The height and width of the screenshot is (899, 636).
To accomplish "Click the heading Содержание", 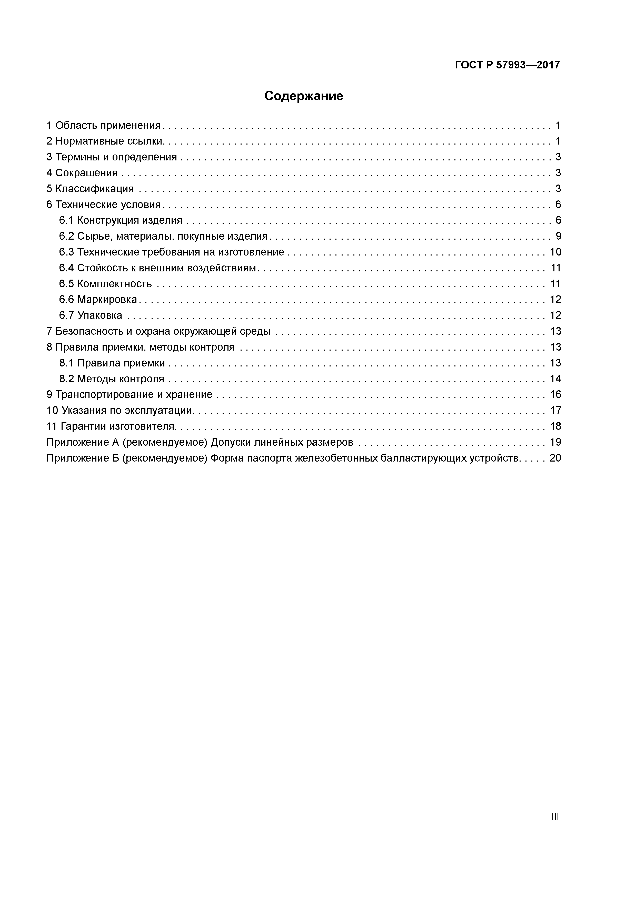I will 304,96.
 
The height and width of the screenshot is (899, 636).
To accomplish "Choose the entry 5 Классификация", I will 90,189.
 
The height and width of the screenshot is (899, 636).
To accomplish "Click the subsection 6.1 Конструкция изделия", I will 121,220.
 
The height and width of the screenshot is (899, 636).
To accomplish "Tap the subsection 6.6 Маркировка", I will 98,300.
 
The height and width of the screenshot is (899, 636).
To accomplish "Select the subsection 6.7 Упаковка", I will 91,315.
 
